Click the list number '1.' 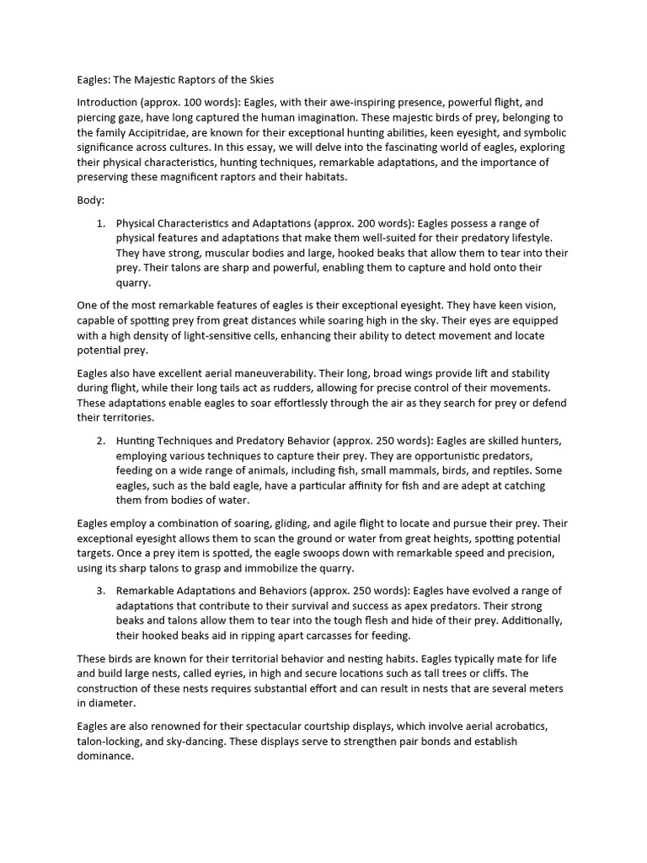tap(100, 223)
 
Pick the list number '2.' tap(100, 441)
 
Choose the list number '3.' tap(100, 590)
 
